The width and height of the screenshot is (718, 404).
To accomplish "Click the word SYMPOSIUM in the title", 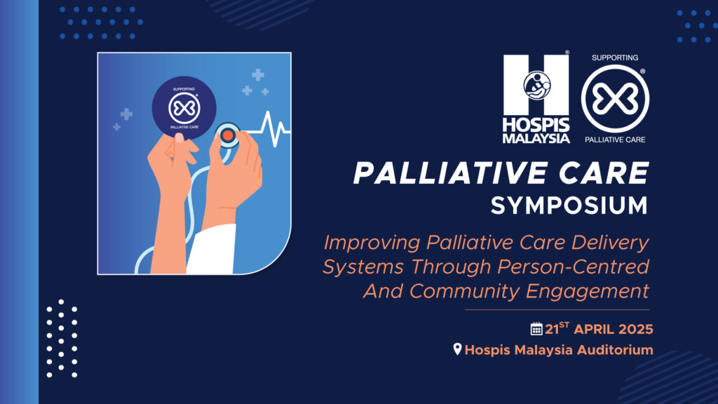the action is click(x=569, y=206).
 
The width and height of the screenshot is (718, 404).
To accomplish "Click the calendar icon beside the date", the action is click(x=536, y=328).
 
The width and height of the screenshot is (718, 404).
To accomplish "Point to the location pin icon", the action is click(x=457, y=349).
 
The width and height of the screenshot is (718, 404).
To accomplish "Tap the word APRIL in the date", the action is click(x=594, y=330).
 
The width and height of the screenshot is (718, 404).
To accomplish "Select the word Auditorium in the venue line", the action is click(x=615, y=350).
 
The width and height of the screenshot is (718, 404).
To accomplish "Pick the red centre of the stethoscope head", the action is click(x=228, y=135).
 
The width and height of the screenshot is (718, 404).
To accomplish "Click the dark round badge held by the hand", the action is click(x=184, y=107).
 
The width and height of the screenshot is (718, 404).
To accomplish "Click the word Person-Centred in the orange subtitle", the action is click(x=574, y=267).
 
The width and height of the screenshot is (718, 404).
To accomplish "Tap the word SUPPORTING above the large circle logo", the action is click(x=615, y=58).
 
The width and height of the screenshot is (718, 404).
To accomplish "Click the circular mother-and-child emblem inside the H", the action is click(x=536, y=85).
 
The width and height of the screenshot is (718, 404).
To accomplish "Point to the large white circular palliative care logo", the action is click(x=615, y=99).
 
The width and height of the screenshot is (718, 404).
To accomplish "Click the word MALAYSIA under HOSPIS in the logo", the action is click(x=536, y=138).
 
